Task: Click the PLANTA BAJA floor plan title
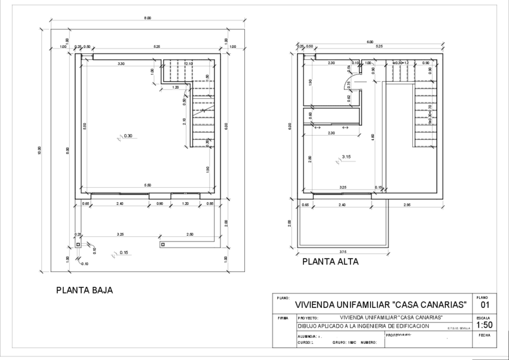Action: pyautogui.click(x=84, y=290)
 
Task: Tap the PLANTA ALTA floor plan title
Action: pyautogui.click(x=330, y=262)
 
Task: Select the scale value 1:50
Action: pyautogui.click(x=483, y=325)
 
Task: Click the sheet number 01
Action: pyautogui.click(x=483, y=305)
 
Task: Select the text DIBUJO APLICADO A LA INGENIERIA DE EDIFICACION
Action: pyautogui.click(x=364, y=326)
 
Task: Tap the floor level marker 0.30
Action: pyautogui.click(x=128, y=136)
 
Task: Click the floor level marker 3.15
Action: pyautogui.click(x=346, y=157)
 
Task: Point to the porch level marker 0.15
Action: pyautogui.click(x=124, y=253)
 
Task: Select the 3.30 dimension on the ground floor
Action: pyautogui.click(x=121, y=63)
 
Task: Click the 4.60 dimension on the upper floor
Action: pyautogui.click(x=373, y=137)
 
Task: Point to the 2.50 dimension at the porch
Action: pyautogui.click(x=190, y=233)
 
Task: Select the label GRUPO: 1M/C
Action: pyautogui.click(x=344, y=343)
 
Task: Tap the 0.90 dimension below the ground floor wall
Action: pyautogui.click(x=159, y=204)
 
